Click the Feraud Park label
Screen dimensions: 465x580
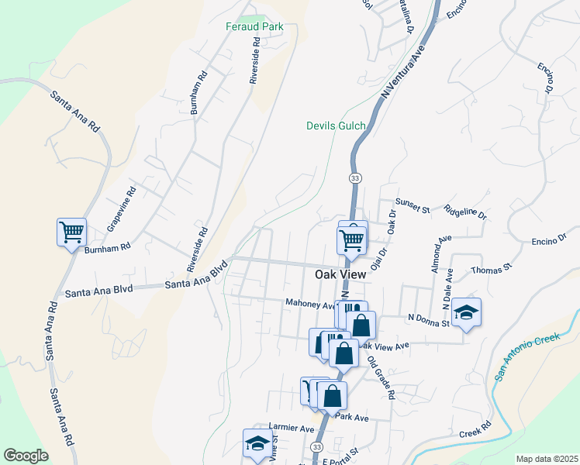(x=254, y=26)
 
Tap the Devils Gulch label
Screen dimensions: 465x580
(x=336, y=126)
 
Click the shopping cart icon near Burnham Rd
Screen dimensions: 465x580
(x=71, y=232)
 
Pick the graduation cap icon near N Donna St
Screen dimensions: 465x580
(x=466, y=312)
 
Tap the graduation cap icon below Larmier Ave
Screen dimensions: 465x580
(x=257, y=443)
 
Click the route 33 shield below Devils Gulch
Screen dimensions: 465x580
(x=355, y=178)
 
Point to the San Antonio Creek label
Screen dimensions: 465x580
(x=526, y=356)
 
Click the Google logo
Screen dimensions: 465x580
(x=26, y=456)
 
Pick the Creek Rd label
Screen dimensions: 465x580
(x=475, y=431)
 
